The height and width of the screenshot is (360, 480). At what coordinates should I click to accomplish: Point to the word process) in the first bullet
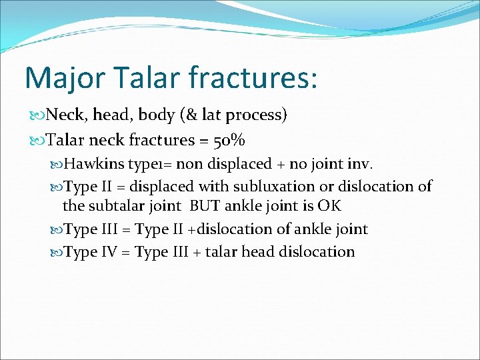pyautogui.click(x=257, y=116)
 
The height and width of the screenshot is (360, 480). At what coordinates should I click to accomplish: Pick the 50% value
pyautogui.click(x=229, y=141)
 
